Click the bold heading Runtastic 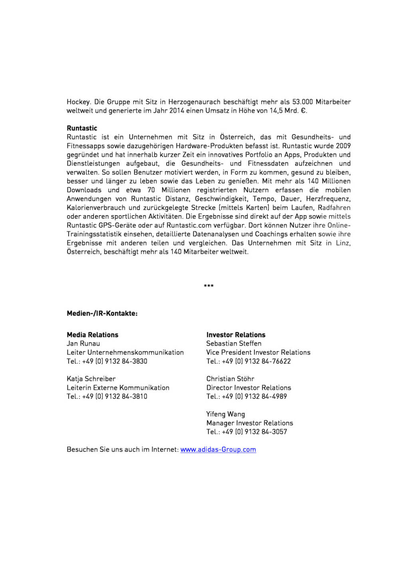[82, 128]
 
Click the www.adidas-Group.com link [218, 450]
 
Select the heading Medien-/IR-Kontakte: [102, 313]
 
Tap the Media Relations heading [92, 335]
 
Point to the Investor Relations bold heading [236, 335]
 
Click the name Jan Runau [83, 343]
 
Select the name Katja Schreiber [91, 379]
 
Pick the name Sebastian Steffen [234, 343]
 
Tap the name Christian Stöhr [230, 379]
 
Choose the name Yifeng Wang [226, 414]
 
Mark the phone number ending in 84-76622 [256, 361]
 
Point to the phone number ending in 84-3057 [254, 432]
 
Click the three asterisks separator [208, 286]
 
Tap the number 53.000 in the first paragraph [302, 102]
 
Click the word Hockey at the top [78, 102]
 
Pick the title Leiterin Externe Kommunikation [118, 388]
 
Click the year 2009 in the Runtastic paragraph [343, 146]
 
